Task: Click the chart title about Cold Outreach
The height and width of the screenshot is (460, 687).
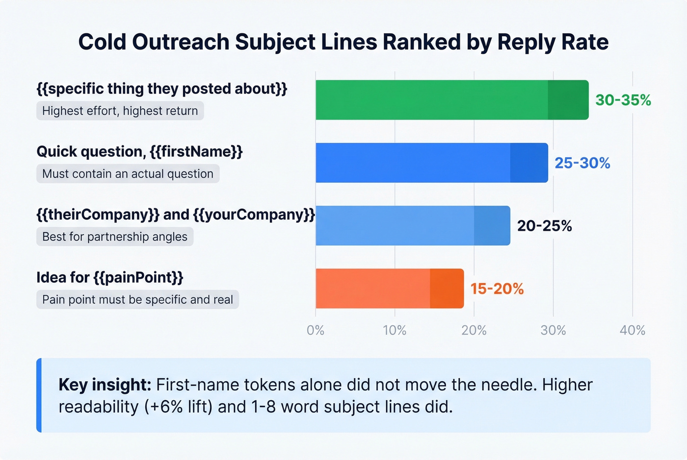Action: pos(343,42)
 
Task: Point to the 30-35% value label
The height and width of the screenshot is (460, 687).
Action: pos(623,100)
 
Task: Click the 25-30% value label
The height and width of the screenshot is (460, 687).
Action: pos(582,163)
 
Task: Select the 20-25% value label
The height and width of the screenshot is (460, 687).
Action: pos(544,226)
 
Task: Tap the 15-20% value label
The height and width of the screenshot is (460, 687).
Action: pos(497,289)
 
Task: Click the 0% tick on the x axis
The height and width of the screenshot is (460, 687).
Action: pos(316,330)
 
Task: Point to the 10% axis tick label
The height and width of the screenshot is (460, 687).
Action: pos(395,330)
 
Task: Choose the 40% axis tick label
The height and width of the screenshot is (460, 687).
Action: pos(632,330)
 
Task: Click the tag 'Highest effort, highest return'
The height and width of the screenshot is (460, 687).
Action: pos(120,111)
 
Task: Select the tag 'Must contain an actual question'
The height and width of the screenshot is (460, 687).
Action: pos(128,174)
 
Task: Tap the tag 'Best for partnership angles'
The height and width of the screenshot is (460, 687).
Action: pos(115,237)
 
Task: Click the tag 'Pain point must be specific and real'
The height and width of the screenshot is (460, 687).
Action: pos(137,299)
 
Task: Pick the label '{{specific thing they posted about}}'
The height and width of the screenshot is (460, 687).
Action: pos(162,89)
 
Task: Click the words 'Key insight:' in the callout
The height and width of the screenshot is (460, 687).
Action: pos(105,385)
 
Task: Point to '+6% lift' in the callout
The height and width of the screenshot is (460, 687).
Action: pos(179,407)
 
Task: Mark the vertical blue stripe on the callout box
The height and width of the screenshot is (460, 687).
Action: pos(39,395)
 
